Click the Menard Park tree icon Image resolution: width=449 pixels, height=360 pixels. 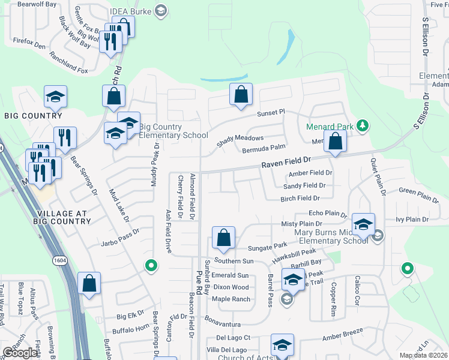tap(362, 126)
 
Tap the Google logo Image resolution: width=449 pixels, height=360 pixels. tap(20, 353)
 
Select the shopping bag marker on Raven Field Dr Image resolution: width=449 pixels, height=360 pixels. tap(335, 142)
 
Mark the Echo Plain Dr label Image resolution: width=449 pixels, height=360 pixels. tap(327, 213)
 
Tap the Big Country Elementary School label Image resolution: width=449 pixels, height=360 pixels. tap(173, 131)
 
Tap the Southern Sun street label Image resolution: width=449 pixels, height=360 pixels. tap(235, 261)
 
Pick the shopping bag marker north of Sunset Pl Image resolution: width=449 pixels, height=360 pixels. tap(241, 94)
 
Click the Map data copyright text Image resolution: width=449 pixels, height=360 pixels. tap(423, 355)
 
